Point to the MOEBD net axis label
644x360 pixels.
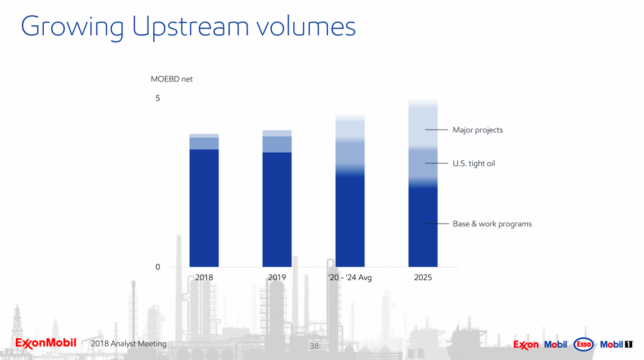(x=172, y=79)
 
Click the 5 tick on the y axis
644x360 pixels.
(x=158, y=98)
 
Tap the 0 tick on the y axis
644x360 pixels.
(x=158, y=267)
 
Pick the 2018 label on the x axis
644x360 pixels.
(x=204, y=277)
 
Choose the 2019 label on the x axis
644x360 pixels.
(x=277, y=277)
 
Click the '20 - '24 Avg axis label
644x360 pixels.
(x=350, y=277)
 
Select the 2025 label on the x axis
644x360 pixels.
(x=423, y=277)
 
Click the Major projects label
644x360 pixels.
(x=478, y=130)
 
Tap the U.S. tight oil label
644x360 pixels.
(x=474, y=163)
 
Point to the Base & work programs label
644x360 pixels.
(x=492, y=224)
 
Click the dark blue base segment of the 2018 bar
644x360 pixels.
(x=204, y=208)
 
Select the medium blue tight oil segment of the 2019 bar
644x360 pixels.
(x=277, y=144)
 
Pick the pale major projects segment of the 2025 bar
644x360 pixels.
(x=423, y=126)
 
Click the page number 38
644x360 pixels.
(x=314, y=346)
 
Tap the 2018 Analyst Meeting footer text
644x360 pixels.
(x=129, y=344)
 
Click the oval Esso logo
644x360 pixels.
(x=583, y=344)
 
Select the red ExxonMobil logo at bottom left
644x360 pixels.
(x=45, y=343)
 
